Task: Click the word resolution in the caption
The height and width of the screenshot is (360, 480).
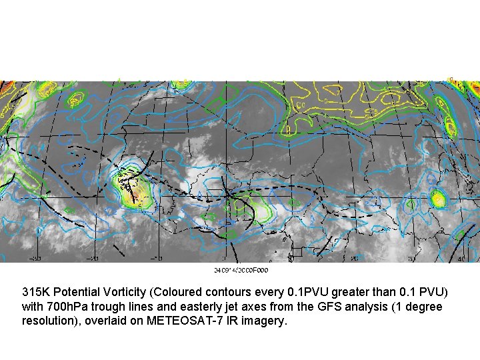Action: click(49, 321)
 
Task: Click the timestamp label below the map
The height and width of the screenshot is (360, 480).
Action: click(241, 270)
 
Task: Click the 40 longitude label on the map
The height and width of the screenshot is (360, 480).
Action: click(461, 259)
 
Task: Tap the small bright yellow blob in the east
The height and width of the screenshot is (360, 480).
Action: click(438, 198)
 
